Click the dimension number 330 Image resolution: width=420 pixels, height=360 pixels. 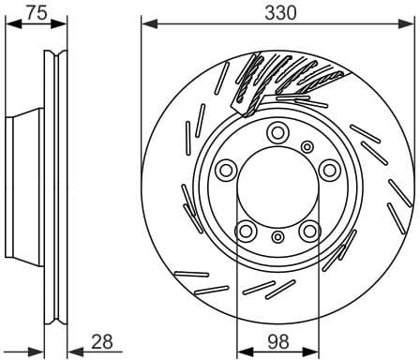pyautogui.click(x=279, y=12)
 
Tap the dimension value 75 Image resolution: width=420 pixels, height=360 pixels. pyautogui.click(x=37, y=12)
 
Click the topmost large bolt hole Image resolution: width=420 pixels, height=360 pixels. pyautogui.click(x=277, y=133)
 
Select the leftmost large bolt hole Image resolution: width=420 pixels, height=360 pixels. pyautogui.click(x=226, y=171)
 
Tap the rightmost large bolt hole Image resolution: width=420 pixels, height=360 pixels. pyautogui.click(x=330, y=170)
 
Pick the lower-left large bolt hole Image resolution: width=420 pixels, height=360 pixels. pyautogui.click(x=246, y=231)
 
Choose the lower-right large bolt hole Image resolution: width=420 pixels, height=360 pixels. pyautogui.click(x=310, y=231)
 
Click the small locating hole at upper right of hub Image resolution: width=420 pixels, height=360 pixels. pyautogui.click(x=307, y=145)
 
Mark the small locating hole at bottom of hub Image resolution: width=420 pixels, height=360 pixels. pyautogui.click(x=277, y=240)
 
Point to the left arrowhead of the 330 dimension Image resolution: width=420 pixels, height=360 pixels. pyautogui.click(x=145, y=25)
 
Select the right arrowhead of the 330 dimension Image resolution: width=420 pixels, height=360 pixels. pyautogui.click(x=413, y=25)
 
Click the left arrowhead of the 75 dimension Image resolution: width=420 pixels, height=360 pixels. pyautogui.click(x=9, y=25)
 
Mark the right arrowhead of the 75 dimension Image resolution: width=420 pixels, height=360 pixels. pyautogui.click(x=66, y=25)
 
